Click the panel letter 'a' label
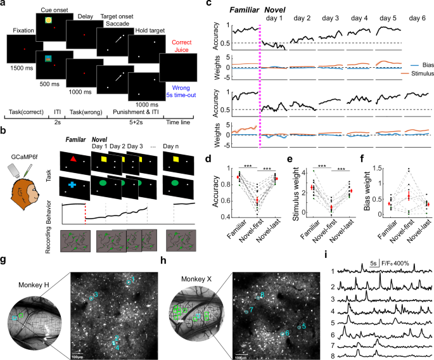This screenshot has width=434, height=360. pyautogui.click(x=5, y=5)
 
